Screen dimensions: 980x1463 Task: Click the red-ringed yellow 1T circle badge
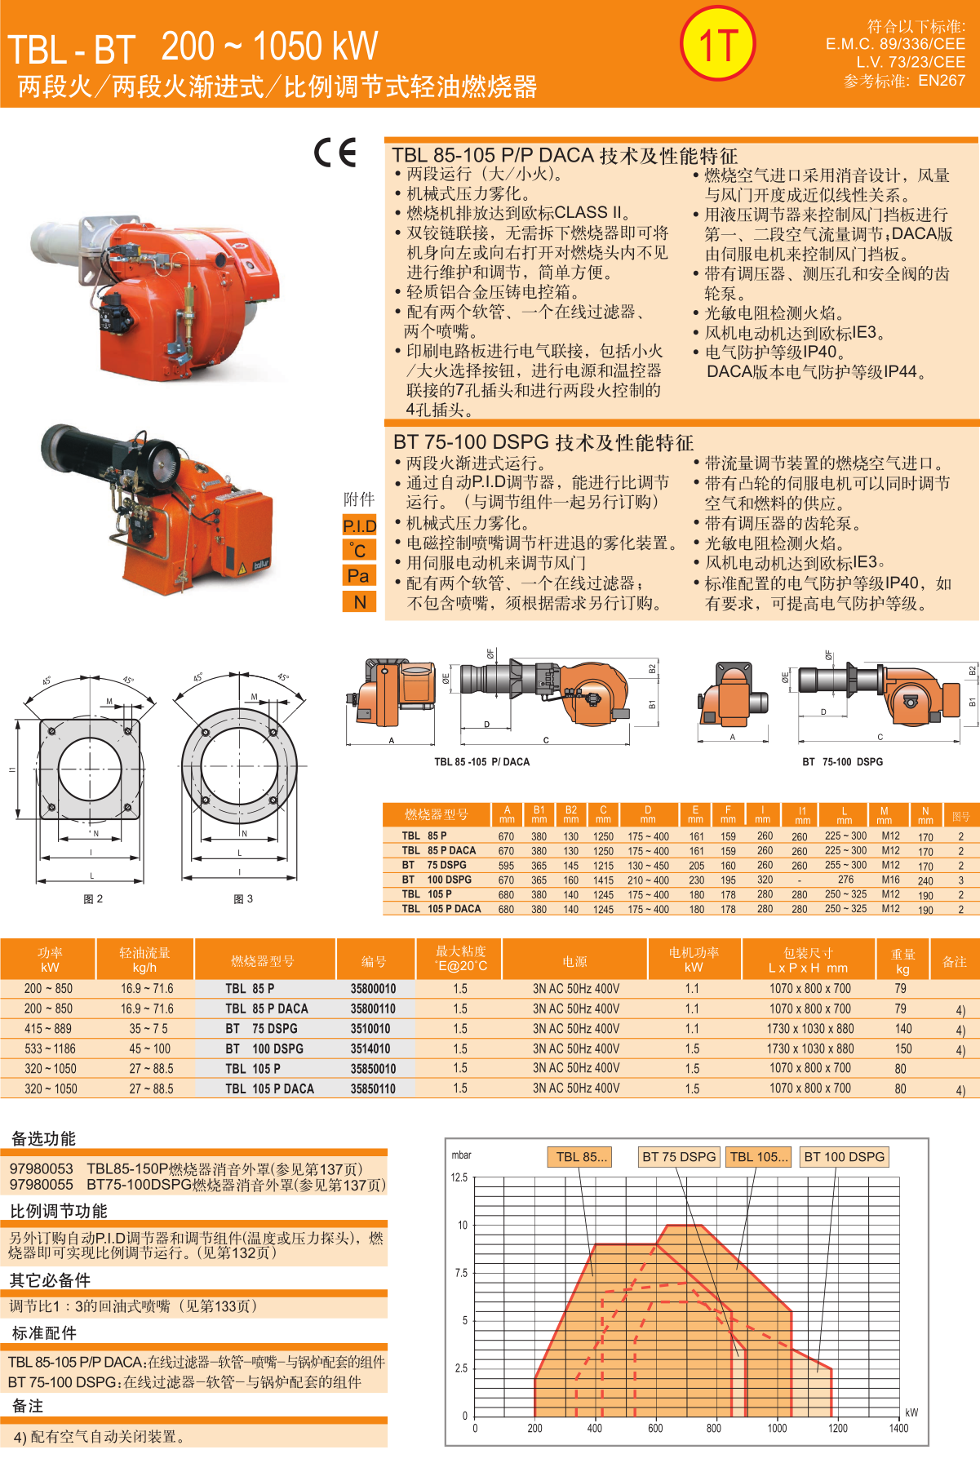[718, 44]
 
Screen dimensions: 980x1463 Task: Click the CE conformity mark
[335, 153]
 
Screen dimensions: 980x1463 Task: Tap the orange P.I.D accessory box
[359, 525]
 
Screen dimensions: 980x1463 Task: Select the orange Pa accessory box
[359, 576]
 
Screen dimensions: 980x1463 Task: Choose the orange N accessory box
[359, 602]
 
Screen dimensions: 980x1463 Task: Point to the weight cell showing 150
[902, 1048]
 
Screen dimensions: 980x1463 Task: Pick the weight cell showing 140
[902, 1029]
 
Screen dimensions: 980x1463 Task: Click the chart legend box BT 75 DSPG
[679, 1156]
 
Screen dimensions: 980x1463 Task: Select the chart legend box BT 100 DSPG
[845, 1156]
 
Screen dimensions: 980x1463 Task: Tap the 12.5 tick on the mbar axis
[459, 1177]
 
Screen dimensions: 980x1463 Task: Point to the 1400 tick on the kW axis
[898, 1428]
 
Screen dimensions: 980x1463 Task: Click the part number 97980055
[42, 1184]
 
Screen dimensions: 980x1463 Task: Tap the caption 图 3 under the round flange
[243, 898]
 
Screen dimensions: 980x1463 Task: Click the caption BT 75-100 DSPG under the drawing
[842, 761]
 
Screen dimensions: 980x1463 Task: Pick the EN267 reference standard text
[942, 80]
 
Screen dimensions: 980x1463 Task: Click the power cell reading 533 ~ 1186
[50, 1048]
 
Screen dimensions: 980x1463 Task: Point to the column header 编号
[374, 961]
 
